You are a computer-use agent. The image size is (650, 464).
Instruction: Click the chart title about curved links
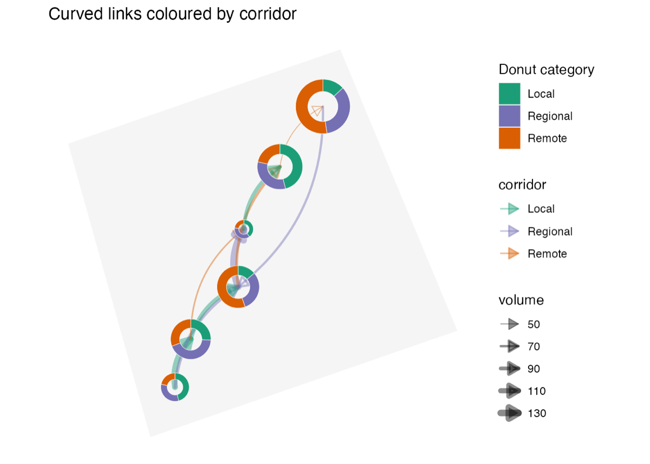[x=172, y=14]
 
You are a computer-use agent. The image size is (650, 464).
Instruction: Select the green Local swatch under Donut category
[x=510, y=94]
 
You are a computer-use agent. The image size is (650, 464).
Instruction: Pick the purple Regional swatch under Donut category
[x=510, y=116]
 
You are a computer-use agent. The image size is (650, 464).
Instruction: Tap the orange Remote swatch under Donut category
[x=510, y=138]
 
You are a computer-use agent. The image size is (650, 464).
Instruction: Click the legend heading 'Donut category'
[x=547, y=70]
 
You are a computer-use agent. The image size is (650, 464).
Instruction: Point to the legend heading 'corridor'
[x=522, y=185]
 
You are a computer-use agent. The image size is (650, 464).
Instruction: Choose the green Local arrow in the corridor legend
[x=510, y=209]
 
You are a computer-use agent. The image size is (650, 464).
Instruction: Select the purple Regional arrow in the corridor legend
[x=510, y=231]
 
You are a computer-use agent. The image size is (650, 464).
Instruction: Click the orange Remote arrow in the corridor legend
[x=510, y=253]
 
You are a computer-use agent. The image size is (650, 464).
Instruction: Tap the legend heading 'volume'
[x=521, y=300]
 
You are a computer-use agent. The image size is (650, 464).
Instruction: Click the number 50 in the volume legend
[x=534, y=324]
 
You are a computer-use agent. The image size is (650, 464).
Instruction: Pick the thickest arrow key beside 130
[x=510, y=413]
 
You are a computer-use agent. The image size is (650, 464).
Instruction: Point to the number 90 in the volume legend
[x=534, y=369]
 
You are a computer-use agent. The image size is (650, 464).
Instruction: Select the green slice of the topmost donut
[x=331, y=86]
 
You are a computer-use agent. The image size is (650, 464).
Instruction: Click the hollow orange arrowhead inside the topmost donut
[x=317, y=110]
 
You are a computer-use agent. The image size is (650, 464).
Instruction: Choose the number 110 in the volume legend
[x=537, y=391]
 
